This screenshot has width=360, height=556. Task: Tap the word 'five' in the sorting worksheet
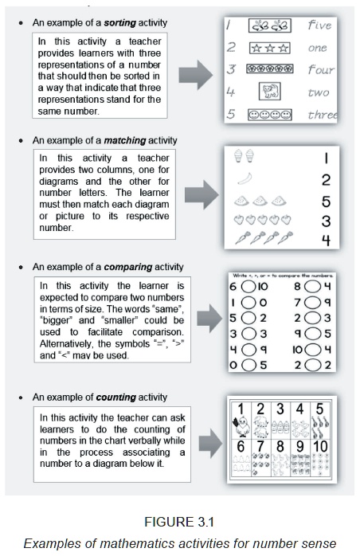(x=320, y=25)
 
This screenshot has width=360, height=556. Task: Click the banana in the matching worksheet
(x=245, y=179)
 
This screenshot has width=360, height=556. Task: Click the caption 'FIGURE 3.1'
(x=179, y=523)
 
